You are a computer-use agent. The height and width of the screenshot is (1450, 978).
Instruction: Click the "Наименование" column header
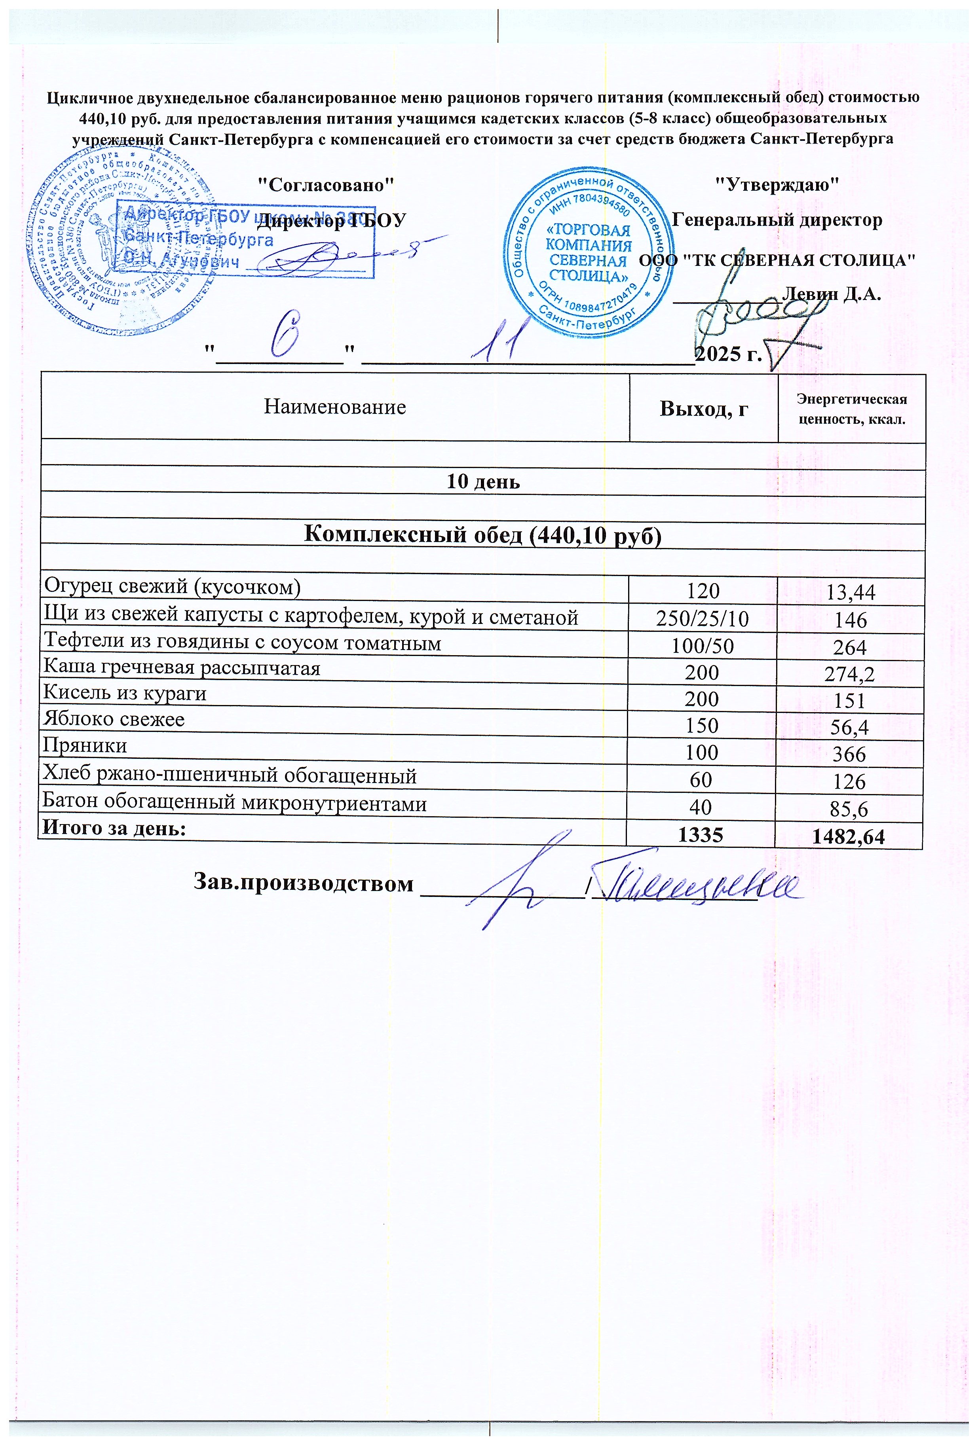point(334,407)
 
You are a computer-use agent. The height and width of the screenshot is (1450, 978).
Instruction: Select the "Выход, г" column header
point(704,409)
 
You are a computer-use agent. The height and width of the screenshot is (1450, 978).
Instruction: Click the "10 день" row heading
point(483,482)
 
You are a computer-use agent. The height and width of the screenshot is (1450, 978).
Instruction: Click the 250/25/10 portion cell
point(702,618)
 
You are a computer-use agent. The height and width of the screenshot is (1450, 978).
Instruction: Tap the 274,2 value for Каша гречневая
point(850,674)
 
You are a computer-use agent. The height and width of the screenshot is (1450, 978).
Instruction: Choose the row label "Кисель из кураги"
point(125,693)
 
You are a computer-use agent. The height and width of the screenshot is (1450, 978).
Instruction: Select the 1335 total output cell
point(701,835)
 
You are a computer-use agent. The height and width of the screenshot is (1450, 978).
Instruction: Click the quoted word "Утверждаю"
point(776,184)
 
